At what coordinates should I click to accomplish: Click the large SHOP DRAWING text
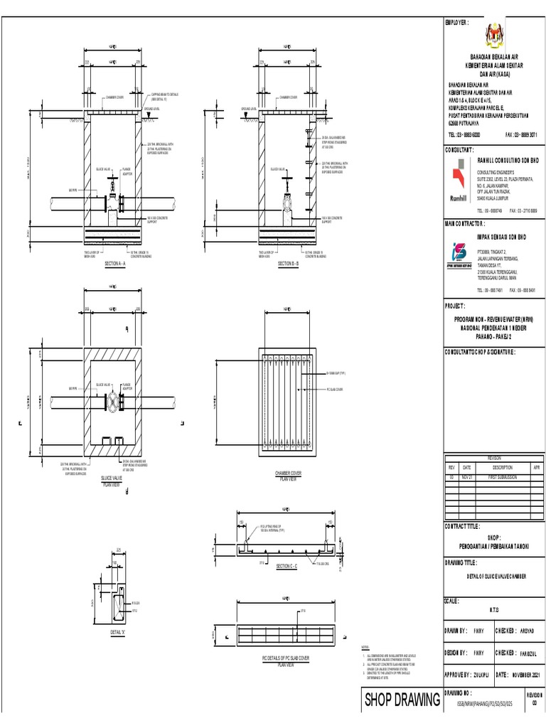(x=402, y=701)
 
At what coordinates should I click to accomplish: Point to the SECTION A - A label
(x=114, y=263)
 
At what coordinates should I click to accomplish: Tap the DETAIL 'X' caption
(x=118, y=631)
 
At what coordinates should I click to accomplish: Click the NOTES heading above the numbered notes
(x=366, y=648)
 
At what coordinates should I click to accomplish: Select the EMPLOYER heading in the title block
(x=456, y=23)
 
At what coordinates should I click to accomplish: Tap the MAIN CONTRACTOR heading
(x=470, y=223)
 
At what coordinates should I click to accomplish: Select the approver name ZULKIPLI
(x=478, y=674)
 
